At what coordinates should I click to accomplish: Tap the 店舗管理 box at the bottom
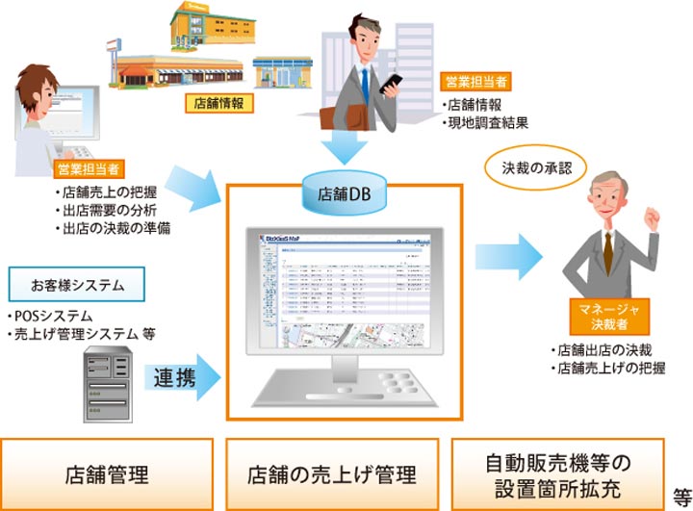(106, 473)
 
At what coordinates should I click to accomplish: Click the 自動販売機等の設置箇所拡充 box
(557, 473)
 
